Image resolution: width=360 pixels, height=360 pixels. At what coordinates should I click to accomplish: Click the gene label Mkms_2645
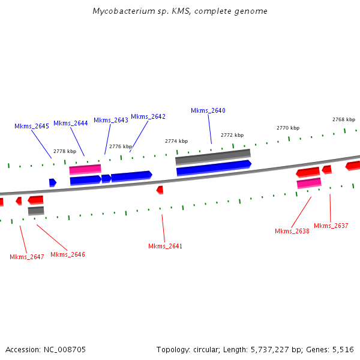[x=32, y=126]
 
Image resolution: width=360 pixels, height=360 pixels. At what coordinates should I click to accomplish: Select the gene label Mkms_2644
[x=71, y=123]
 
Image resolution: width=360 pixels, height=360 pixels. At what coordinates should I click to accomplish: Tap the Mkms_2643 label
[x=111, y=120]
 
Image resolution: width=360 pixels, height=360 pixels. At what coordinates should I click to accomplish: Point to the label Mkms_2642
[x=148, y=116]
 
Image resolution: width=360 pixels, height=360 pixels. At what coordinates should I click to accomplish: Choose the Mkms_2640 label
[x=208, y=110]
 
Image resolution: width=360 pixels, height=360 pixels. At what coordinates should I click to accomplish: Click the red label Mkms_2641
[x=166, y=246]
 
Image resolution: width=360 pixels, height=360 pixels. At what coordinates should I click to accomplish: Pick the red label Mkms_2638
[x=292, y=231]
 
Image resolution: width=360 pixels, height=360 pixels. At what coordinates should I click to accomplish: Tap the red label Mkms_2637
[x=331, y=226]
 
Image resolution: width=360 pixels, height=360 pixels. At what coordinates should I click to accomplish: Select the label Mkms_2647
[x=27, y=257]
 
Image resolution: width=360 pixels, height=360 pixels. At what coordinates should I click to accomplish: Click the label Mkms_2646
[x=68, y=254]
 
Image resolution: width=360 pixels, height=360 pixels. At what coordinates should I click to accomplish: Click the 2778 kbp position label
[x=65, y=151]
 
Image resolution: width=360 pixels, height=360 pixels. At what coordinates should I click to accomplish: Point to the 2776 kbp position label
[x=121, y=146]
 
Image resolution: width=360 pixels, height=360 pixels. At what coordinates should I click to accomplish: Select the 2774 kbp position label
[x=176, y=141]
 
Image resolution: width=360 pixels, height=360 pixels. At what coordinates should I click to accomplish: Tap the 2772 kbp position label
[x=232, y=135]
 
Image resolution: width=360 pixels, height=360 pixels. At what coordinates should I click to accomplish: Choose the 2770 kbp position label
[x=288, y=128]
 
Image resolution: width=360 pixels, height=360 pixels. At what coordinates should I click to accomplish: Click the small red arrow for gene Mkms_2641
[x=160, y=190]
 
